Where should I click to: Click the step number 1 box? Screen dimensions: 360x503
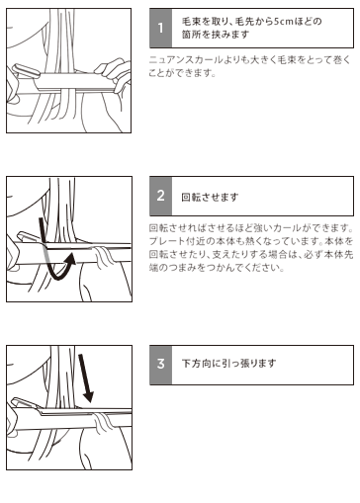(x=160, y=28)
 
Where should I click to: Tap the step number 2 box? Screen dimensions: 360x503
(x=160, y=196)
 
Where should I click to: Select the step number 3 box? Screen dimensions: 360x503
(x=160, y=365)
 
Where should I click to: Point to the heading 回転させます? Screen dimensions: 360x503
(x=210, y=197)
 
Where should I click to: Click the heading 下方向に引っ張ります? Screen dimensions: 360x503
(x=228, y=364)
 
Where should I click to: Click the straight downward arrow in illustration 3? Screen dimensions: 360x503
(x=86, y=377)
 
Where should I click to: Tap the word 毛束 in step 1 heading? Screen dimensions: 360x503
(x=191, y=22)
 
